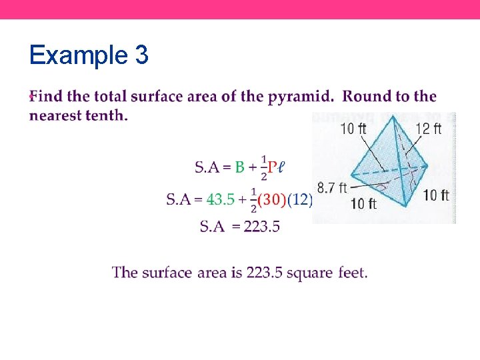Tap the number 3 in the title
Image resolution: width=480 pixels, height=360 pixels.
tap(141, 55)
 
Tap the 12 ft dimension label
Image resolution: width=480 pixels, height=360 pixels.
tap(427, 129)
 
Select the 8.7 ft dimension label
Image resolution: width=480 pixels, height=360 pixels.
tap(332, 188)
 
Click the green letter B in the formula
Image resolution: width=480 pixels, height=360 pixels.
tap(239, 167)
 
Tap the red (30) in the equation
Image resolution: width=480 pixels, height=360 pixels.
tap(271, 199)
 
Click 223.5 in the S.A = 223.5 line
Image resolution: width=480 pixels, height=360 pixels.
tap(262, 227)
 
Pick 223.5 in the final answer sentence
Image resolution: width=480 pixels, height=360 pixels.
tap(265, 273)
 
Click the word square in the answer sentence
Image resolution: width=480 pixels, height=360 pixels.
tap(311, 273)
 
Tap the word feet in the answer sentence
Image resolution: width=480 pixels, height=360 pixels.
tap(352, 273)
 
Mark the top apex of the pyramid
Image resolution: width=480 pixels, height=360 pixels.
tap(393, 117)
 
